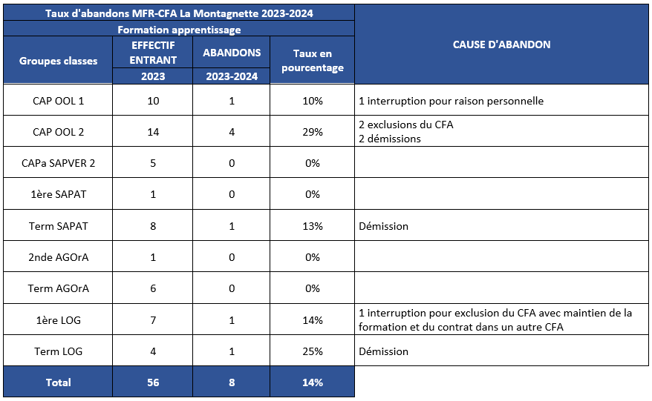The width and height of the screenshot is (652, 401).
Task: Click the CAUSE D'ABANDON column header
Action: [x=501, y=44]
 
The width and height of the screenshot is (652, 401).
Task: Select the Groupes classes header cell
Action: [x=58, y=61]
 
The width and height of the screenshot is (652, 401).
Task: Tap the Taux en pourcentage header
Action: [x=313, y=61]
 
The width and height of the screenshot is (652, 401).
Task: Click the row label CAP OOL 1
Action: [x=58, y=101]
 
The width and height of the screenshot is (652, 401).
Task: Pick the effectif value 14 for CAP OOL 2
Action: [x=153, y=132]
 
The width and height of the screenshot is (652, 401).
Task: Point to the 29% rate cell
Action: [x=313, y=132]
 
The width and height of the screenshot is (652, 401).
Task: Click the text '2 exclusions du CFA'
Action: [x=406, y=125]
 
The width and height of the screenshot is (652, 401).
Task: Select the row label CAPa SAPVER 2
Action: [x=58, y=163]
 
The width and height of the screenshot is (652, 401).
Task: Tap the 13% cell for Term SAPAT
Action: [x=313, y=226]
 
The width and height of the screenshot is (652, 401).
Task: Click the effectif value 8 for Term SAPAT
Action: [x=153, y=226]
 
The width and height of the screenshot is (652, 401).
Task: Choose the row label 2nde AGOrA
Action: [x=58, y=257]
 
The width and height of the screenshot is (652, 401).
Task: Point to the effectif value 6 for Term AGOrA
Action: [x=153, y=288]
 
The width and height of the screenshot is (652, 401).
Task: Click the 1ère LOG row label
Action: [x=58, y=320]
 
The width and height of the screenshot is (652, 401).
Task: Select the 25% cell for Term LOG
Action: [x=313, y=351]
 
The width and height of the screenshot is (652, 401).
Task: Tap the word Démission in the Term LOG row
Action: [x=383, y=351]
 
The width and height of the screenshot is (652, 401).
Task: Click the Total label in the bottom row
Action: [x=58, y=382]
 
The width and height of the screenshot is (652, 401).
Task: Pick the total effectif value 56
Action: [x=153, y=382]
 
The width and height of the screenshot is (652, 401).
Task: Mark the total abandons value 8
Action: [x=232, y=382]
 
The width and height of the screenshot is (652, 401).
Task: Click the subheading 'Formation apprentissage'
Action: [x=179, y=30]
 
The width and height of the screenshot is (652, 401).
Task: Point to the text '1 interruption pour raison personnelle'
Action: [x=451, y=101]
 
